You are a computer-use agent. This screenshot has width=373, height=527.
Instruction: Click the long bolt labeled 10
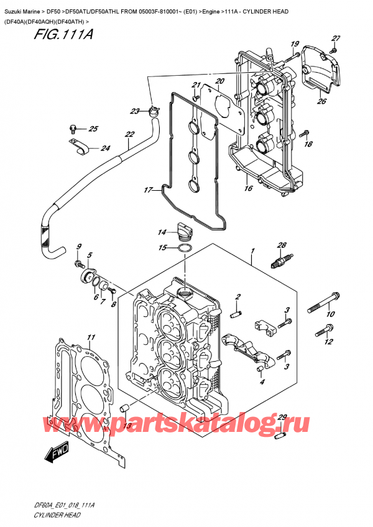pyautogui.click(x=322, y=303)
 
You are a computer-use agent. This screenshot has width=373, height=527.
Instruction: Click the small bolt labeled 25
pyautogui.click(x=73, y=129)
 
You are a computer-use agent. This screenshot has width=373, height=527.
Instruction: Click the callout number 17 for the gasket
pyautogui.click(x=147, y=190)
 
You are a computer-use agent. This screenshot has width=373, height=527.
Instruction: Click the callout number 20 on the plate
pyautogui.click(x=219, y=81)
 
